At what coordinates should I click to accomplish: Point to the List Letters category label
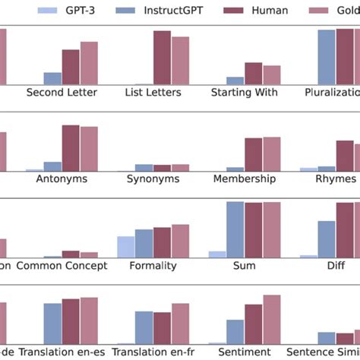point(153,93)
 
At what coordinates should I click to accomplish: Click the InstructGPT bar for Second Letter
point(52,78)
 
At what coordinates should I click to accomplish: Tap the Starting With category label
point(244,93)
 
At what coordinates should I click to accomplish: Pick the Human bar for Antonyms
point(71,148)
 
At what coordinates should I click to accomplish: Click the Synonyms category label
point(153,179)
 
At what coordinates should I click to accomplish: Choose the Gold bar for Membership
point(271,154)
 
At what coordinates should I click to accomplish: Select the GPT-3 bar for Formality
point(125,247)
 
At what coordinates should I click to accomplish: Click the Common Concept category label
point(62,266)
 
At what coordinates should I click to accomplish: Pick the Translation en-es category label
point(62,352)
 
